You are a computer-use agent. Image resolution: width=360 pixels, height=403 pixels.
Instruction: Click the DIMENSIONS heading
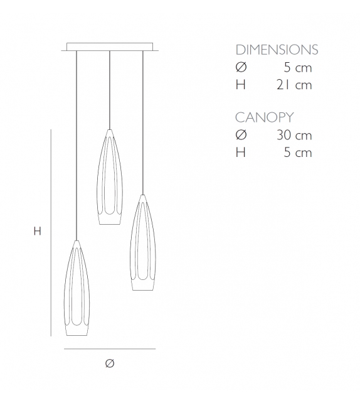277,50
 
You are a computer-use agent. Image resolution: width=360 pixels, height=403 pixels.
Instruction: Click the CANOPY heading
264,117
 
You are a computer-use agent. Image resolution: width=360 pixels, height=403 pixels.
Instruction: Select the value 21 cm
294,85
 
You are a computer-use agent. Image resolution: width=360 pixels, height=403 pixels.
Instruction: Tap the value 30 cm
294,135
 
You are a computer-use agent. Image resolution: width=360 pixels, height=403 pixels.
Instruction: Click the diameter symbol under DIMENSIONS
241,68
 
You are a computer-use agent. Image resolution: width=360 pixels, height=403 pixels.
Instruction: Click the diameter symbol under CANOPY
241,135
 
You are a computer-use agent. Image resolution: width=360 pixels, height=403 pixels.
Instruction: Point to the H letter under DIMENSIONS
240,85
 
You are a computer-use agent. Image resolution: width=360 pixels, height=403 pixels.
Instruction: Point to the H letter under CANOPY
240,152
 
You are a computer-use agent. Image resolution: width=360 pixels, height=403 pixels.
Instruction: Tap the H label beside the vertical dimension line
37,231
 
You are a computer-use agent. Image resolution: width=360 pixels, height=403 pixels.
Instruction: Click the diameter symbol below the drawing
110,363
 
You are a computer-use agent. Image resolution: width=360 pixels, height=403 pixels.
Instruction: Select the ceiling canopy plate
110,46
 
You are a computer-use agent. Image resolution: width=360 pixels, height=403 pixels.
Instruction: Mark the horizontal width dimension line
110,348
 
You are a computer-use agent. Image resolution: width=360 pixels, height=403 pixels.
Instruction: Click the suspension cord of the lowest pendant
76,144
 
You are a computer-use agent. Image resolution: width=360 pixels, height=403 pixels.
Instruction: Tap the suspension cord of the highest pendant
110,88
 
